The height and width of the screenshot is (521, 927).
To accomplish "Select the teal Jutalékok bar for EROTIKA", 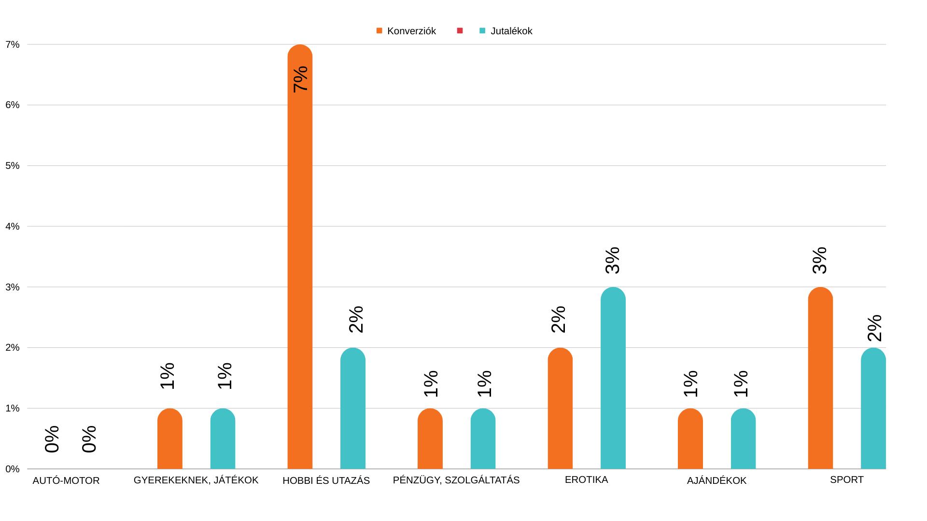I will coord(613,379).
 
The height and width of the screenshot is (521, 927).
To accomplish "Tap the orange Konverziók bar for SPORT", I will coord(820,379).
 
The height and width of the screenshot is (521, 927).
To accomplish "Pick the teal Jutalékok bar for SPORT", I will coord(873,409).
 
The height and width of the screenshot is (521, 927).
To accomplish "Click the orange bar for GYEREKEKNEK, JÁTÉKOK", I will coord(170,439).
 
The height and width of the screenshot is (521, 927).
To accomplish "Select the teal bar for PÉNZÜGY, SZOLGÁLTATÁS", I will coord(483,439).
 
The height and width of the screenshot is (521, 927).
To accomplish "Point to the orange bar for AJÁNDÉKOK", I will coord(690,439).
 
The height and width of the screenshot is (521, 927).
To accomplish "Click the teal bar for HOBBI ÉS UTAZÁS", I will coord(353,409).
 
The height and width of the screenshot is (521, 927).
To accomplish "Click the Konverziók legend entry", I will coord(406,31).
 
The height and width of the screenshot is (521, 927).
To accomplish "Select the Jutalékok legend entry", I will coord(506,31).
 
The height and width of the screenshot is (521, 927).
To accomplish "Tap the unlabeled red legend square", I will coord(460,31).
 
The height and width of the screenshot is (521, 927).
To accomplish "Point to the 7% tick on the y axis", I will coord(13,45).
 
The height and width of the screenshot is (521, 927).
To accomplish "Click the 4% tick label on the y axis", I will coord(13,226).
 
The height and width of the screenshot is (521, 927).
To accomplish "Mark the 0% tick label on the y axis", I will coord(13,469).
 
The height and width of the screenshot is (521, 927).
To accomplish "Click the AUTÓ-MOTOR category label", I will coord(66,480).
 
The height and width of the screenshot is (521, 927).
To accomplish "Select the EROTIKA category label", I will coord(586,480).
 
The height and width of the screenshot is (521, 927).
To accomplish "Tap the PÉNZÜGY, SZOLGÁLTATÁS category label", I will coord(456,480).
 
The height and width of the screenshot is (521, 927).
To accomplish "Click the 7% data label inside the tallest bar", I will coord(300,79).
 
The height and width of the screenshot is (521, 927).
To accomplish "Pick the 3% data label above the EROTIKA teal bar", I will coord(613,260).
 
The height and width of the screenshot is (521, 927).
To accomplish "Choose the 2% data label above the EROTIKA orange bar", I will coord(559,319).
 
